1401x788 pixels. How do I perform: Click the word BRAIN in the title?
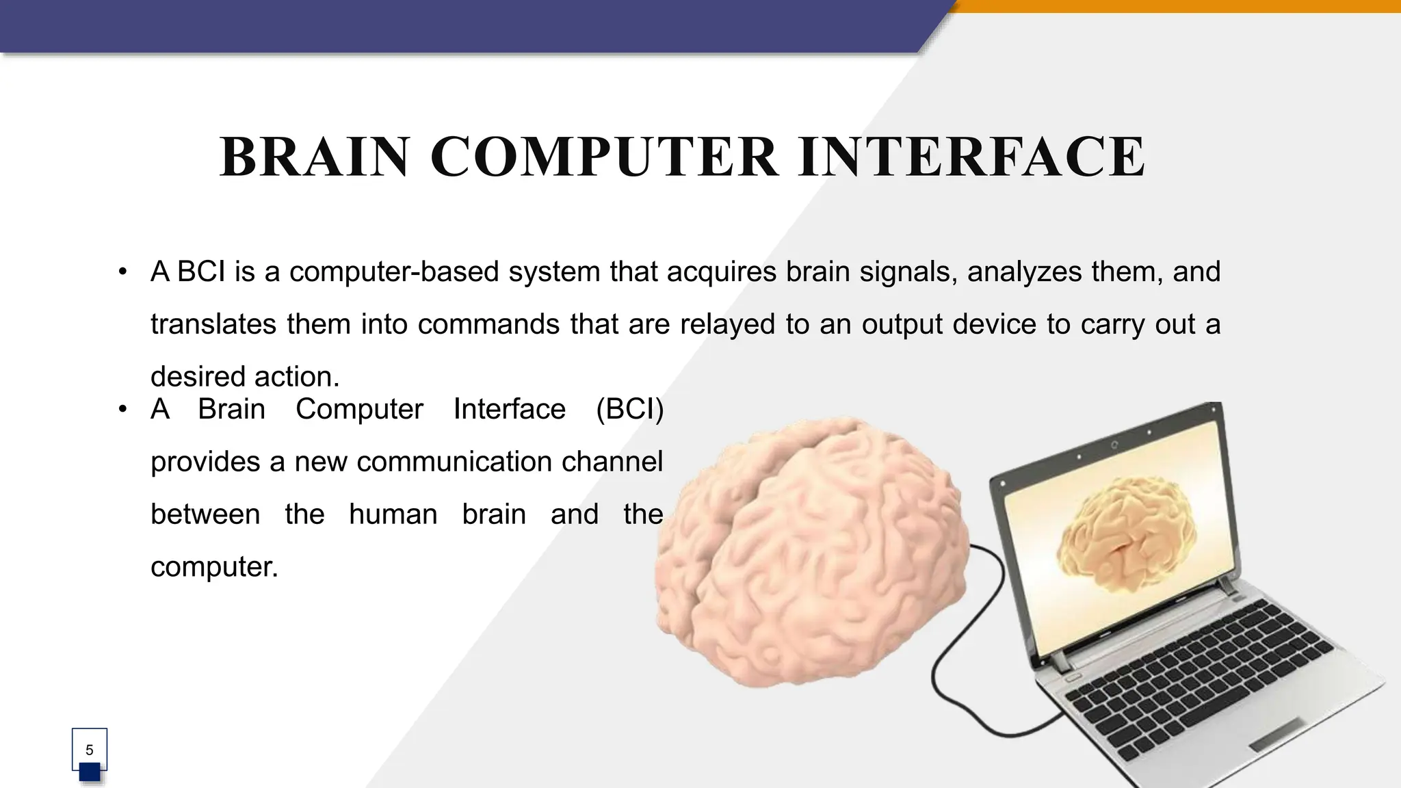314,157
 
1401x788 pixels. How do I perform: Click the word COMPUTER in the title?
604,157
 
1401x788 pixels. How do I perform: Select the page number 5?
90,750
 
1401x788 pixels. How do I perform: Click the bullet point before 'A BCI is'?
122,272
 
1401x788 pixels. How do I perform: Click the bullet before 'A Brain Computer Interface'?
122,409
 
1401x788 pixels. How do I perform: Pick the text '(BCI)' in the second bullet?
629,410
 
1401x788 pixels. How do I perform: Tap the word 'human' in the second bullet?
393,514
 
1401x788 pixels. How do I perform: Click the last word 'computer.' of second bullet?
214,567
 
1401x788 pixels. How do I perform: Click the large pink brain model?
807,554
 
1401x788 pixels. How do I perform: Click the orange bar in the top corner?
1177,6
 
